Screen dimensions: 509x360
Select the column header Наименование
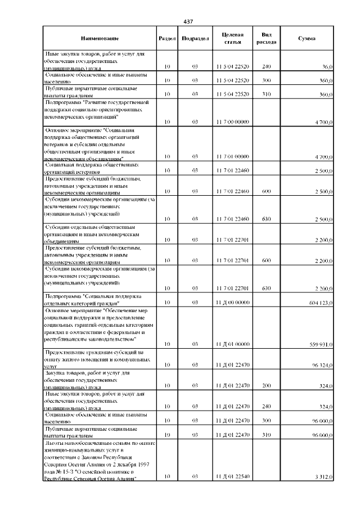click(x=100, y=38)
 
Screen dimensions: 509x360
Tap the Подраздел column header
click(x=195, y=38)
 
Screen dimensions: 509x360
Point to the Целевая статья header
click(x=232, y=38)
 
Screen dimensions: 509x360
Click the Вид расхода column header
click(x=266, y=38)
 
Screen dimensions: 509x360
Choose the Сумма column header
click(x=306, y=38)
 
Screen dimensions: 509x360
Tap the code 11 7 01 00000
click(x=232, y=156)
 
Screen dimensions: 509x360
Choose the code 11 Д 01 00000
click(x=232, y=344)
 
